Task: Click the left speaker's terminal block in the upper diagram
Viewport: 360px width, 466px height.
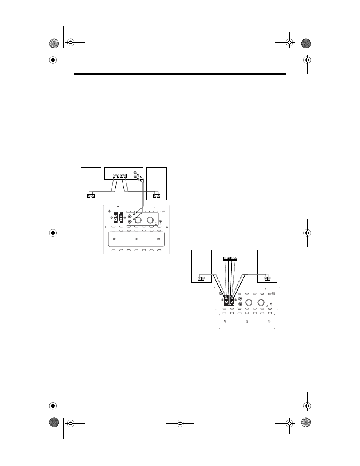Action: click(91, 196)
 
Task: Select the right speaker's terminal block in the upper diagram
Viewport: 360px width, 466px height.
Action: click(157, 196)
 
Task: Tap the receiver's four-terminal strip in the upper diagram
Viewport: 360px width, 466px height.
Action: click(120, 175)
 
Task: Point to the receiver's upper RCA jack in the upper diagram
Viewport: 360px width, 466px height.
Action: click(135, 175)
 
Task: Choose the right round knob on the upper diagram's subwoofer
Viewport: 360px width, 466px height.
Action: click(152, 220)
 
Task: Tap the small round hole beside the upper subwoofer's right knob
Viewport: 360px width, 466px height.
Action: click(160, 225)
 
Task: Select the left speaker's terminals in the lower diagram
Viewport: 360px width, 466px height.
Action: click(201, 279)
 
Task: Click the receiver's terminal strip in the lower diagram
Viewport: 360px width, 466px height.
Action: click(230, 258)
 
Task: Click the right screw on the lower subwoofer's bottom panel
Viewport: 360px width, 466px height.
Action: click(269, 321)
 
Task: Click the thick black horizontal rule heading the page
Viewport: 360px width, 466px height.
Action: click(180, 74)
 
